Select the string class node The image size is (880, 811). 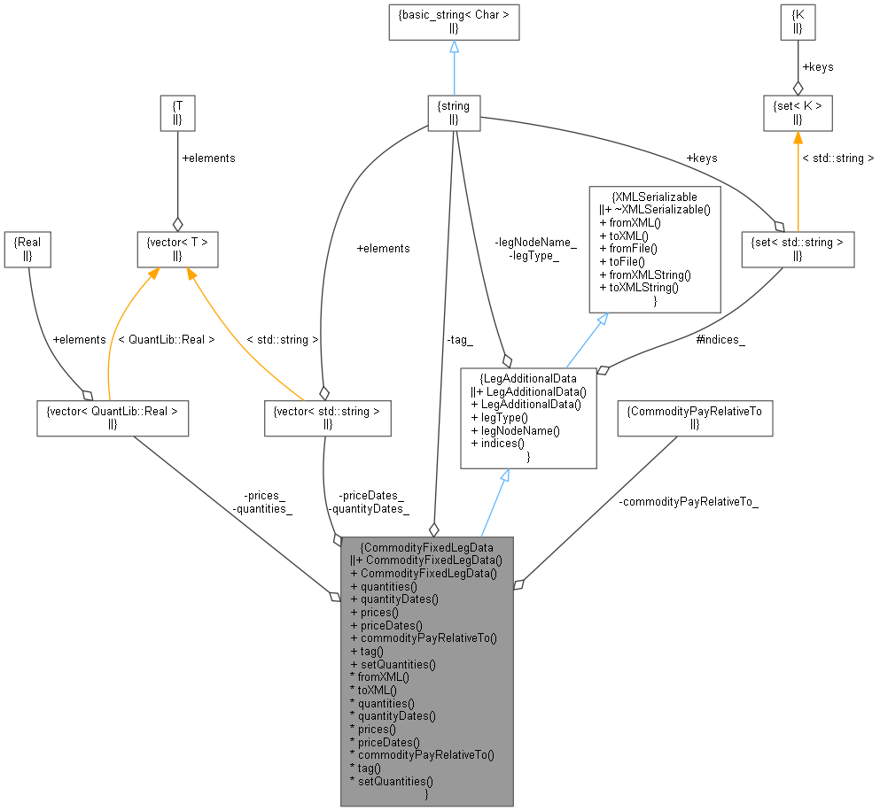click(x=454, y=113)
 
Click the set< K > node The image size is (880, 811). click(x=798, y=113)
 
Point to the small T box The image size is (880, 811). click(x=177, y=113)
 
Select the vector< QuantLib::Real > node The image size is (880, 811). click(x=112, y=417)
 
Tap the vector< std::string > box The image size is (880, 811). click(x=328, y=417)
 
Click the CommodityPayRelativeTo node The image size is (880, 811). click(x=694, y=417)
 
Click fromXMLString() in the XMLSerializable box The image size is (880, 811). click(x=645, y=274)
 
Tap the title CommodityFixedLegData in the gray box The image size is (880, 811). click(x=427, y=546)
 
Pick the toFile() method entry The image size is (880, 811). click(x=624, y=262)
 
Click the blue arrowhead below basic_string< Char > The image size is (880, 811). click(x=454, y=49)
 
